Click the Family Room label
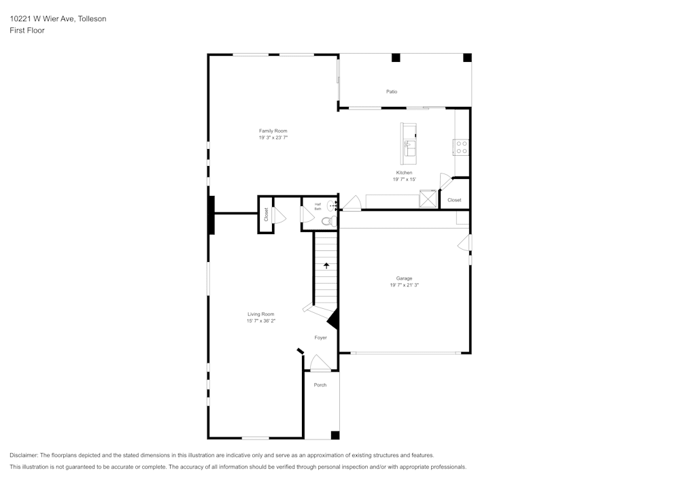point(273,131)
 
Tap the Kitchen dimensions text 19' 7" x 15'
point(404,180)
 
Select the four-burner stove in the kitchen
point(461,147)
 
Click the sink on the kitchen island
point(410,145)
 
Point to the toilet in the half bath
point(327,221)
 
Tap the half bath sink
point(332,205)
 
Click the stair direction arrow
point(326,265)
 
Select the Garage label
point(404,278)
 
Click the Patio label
point(392,91)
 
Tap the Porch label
point(320,385)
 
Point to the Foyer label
point(320,337)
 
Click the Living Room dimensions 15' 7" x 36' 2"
point(261,320)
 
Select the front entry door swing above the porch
point(320,364)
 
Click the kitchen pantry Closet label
point(454,200)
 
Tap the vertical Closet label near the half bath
point(267,214)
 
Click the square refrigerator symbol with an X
point(428,199)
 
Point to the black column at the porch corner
point(335,435)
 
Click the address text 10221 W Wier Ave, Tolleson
point(58,19)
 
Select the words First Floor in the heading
point(27,31)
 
